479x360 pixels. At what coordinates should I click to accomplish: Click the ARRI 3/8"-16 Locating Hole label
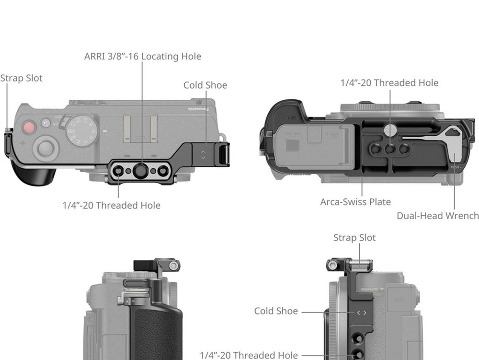click(143, 57)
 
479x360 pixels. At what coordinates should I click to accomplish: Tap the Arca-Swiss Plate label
click(355, 202)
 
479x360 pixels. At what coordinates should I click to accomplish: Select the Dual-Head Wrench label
click(437, 216)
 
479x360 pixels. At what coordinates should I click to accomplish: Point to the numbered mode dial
click(82, 131)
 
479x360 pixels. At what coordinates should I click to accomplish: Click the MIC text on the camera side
click(397, 298)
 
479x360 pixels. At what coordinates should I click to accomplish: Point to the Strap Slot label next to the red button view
click(21, 78)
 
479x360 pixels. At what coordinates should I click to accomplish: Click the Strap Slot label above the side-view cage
click(354, 238)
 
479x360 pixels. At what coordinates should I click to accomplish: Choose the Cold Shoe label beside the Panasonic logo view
click(205, 85)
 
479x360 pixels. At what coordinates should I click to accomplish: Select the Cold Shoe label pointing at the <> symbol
click(276, 311)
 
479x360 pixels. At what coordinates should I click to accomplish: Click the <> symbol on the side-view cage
click(362, 313)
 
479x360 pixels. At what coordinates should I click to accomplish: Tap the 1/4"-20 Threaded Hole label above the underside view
click(389, 83)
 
